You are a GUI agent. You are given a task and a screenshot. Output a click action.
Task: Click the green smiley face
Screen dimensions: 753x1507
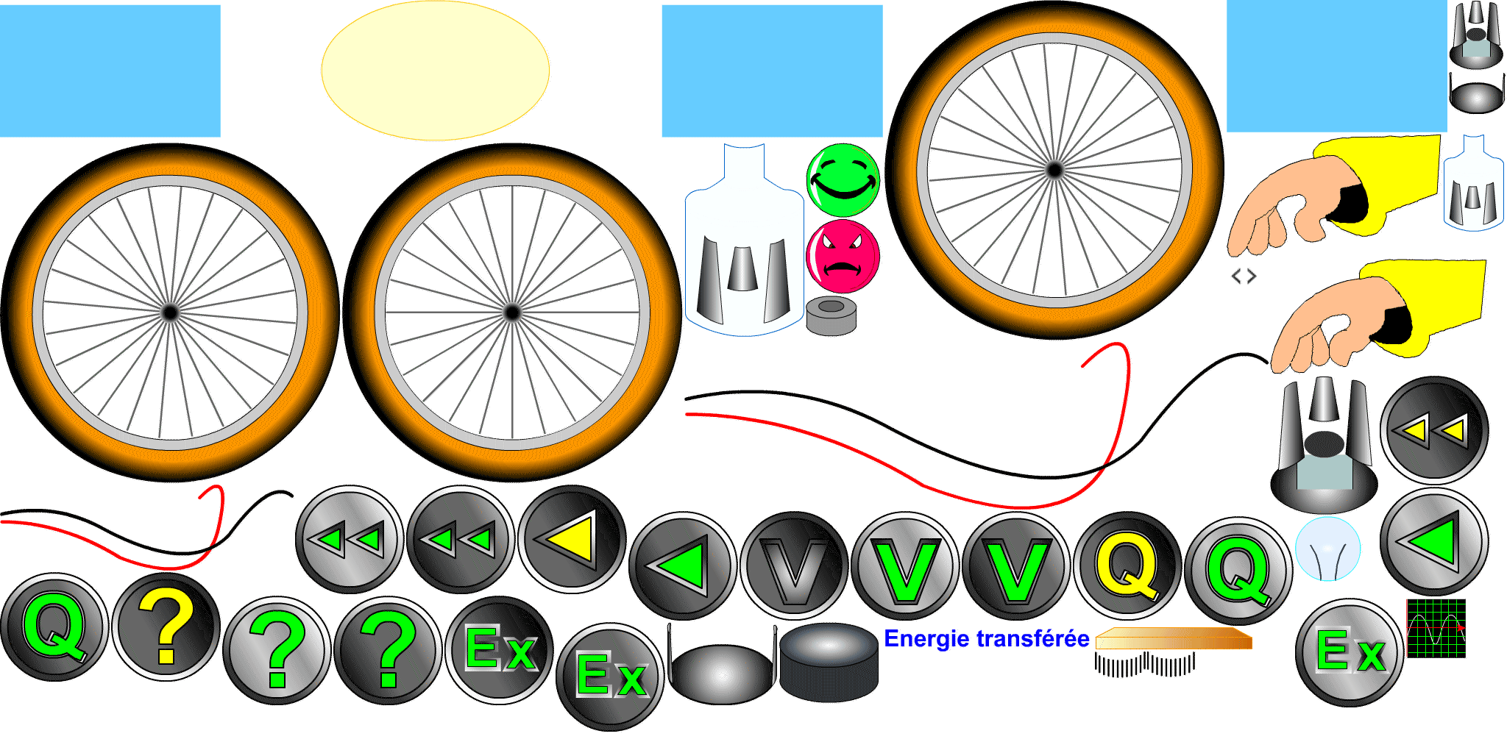(843, 181)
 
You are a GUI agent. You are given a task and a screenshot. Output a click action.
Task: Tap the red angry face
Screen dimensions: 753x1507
(843, 256)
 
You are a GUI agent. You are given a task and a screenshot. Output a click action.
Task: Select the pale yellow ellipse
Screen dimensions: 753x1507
(435, 71)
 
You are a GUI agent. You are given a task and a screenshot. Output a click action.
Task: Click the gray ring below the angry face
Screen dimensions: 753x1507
(831, 316)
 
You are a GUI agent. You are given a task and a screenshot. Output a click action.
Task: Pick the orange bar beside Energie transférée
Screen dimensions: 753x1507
(1174, 639)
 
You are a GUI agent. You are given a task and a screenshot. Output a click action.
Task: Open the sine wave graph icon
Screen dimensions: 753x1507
(1436, 628)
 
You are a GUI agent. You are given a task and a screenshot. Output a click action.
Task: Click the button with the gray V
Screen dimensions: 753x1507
(794, 565)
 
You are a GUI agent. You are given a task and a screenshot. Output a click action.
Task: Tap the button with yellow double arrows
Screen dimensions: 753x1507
(1434, 430)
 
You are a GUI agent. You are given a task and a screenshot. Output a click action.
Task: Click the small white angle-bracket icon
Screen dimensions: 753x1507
(1244, 279)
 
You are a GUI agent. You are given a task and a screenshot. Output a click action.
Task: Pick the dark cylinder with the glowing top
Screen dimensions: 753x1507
(829, 662)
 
